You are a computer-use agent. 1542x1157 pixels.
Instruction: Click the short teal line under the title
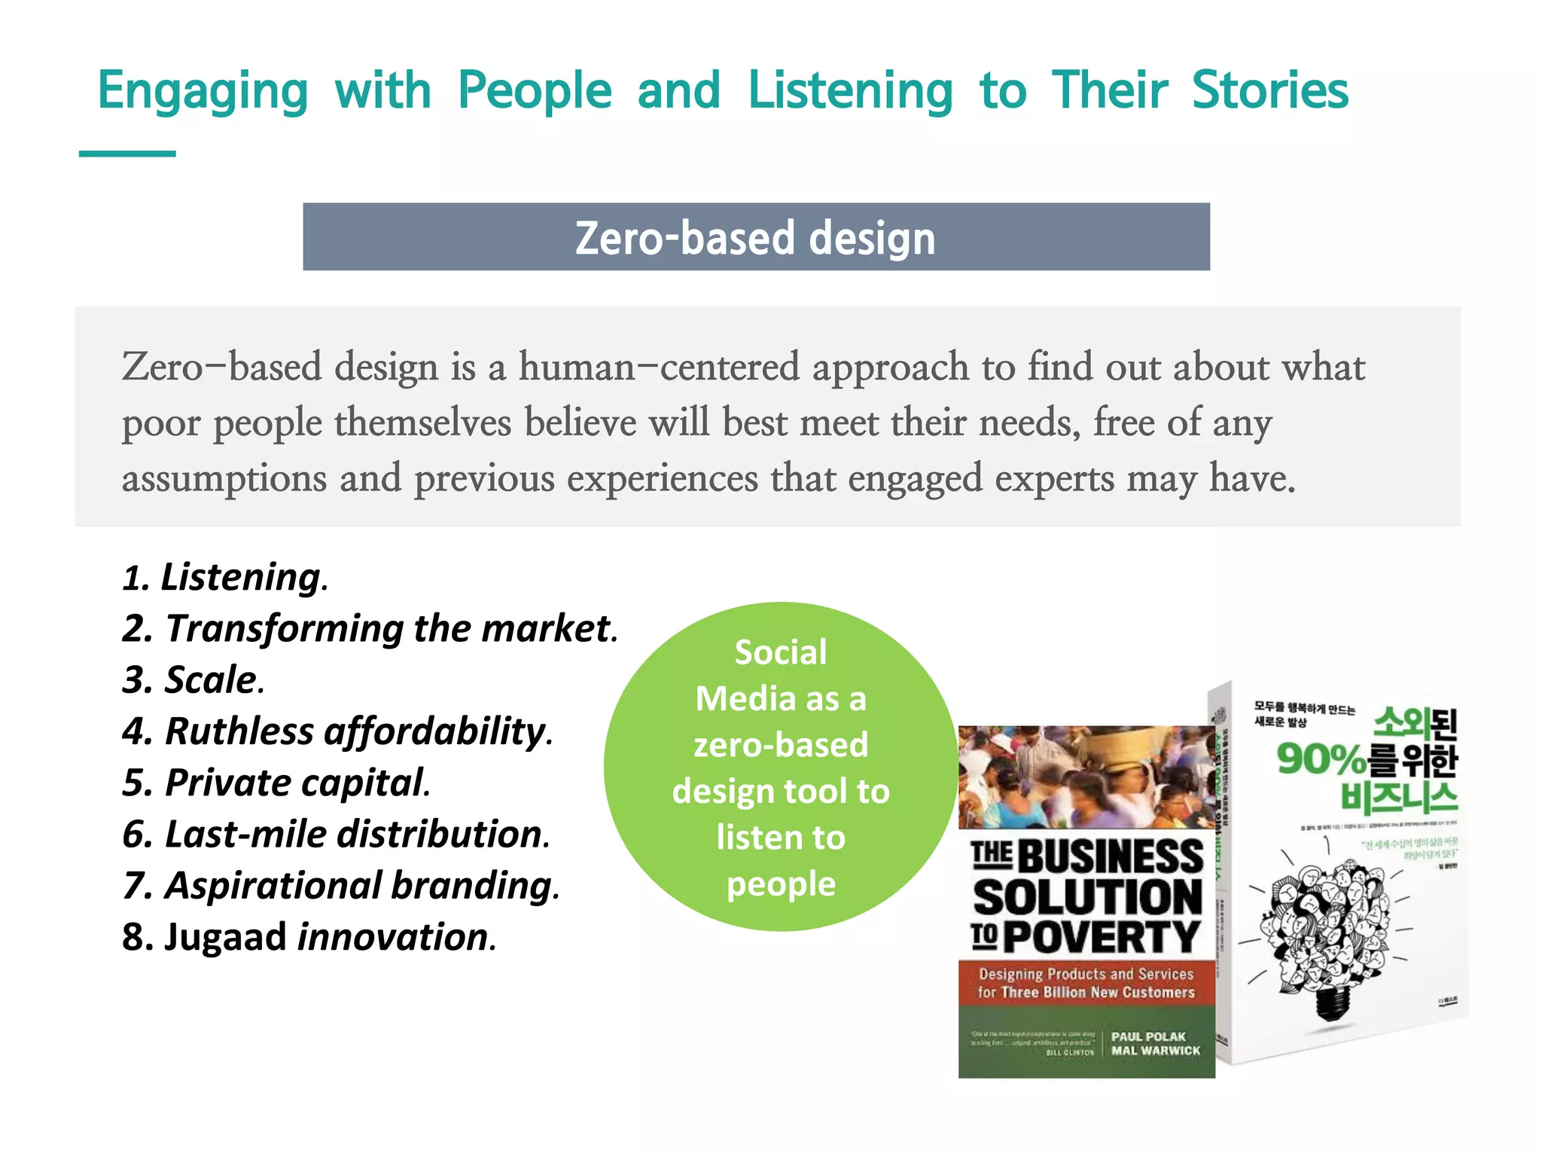(127, 154)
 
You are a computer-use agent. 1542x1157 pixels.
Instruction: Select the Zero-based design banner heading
(756, 237)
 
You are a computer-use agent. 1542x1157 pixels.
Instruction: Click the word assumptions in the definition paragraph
(224, 478)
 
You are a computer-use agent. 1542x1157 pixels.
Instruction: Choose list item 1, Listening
(225, 578)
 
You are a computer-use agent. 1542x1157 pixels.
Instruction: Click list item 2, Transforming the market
(370, 629)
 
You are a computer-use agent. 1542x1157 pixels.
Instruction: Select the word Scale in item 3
(212, 680)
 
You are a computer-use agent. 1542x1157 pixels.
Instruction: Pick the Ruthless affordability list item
(337, 731)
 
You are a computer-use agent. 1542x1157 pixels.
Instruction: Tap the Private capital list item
(276, 783)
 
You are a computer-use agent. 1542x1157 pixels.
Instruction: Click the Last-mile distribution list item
(336, 835)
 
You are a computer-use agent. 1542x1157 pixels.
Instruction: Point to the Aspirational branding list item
(341, 886)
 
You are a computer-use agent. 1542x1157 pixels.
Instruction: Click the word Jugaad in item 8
(225, 938)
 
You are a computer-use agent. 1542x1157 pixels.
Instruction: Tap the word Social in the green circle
(781, 652)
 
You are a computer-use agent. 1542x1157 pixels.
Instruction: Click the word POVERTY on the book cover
(1101, 937)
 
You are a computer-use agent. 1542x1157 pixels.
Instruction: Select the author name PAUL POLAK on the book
(1148, 1036)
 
